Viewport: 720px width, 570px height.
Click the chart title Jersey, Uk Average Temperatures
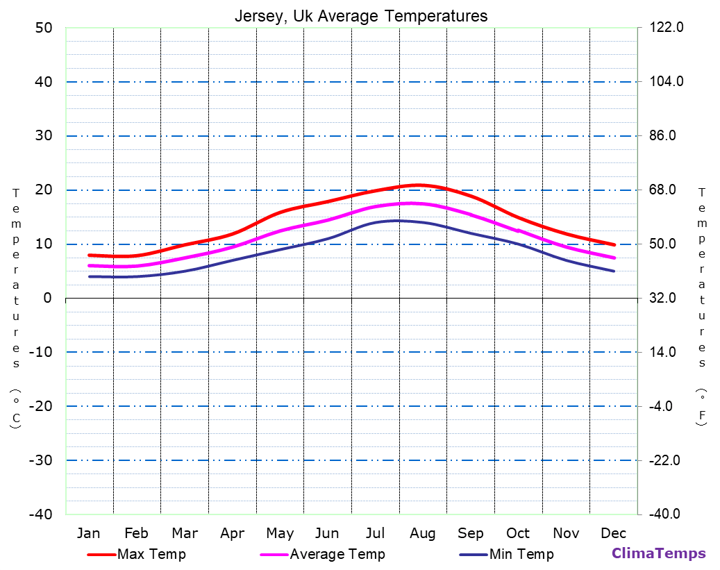[360, 15]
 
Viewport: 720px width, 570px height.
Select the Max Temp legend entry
[151, 554]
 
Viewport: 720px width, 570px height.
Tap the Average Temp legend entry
[337, 554]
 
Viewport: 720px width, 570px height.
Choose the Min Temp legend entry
[521, 554]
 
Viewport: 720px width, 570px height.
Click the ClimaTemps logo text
[658, 553]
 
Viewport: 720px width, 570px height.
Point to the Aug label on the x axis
[422, 533]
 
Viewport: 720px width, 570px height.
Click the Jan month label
[88, 533]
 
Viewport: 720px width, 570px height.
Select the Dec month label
[614, 533]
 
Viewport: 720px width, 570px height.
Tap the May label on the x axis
[279, 533]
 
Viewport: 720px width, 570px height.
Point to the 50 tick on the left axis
[43, 28]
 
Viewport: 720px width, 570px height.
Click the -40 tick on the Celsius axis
[40, 514]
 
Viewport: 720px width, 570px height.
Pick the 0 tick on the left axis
[47, 298]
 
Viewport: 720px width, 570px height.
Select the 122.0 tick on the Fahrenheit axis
[667, 28]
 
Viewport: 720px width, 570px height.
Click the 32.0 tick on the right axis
[667, 298]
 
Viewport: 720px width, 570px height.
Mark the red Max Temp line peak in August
[418, 185]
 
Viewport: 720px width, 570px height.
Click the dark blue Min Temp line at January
[90, 276]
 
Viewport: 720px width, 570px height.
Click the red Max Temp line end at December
[614, 244]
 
